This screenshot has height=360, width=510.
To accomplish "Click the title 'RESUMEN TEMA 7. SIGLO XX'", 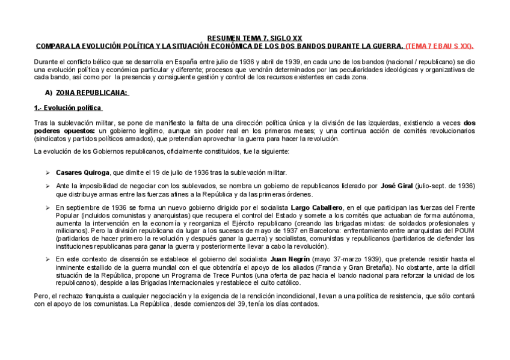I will (x=255, y=38).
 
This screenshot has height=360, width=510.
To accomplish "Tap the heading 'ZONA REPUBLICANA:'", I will (x=92, y=93).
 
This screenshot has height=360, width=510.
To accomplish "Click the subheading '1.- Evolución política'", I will (x=68, y=108).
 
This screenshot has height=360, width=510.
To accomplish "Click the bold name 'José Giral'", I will (x=398, y=186).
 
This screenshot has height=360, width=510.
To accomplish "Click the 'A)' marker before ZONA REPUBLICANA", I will (x=49, y=93).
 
